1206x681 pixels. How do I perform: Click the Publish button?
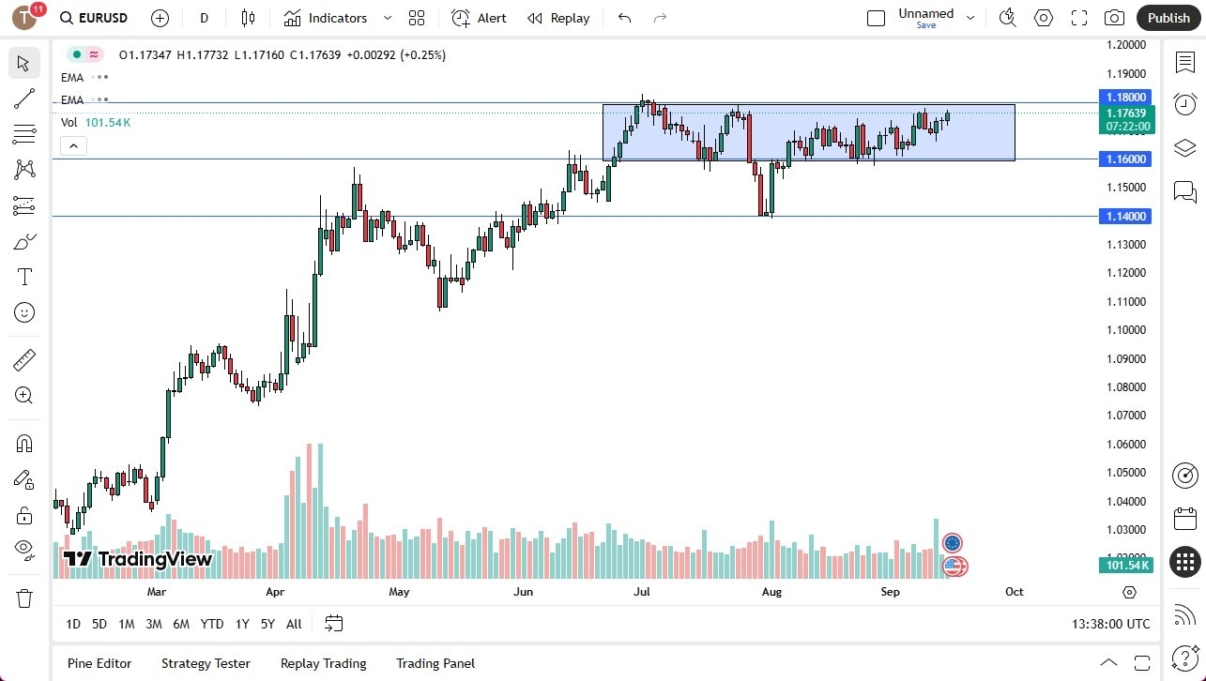(x=1168, y=18)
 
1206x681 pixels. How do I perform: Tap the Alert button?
(x=479, y=18)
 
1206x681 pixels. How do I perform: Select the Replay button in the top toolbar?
(x=558, y=18)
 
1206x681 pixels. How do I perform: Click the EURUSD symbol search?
(x=94, y=18)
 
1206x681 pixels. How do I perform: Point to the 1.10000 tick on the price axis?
(x=1125, y=330)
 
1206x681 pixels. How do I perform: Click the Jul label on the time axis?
(x=642, y=592)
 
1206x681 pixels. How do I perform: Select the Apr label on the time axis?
(x=275, y=592)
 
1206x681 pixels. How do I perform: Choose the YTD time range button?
(x=212, y=624)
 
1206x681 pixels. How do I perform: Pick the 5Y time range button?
(x=267, y=624)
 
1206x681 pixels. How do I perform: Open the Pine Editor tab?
(x=99, y=663)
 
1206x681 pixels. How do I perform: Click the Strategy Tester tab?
(x=206, y=663)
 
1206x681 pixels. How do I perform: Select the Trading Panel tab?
(x=435, y=663)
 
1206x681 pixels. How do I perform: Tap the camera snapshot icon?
(x=1114, y=18)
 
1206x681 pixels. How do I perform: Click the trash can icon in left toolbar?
(x=24, y=598)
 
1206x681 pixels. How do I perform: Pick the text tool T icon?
(x=24, y=277)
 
